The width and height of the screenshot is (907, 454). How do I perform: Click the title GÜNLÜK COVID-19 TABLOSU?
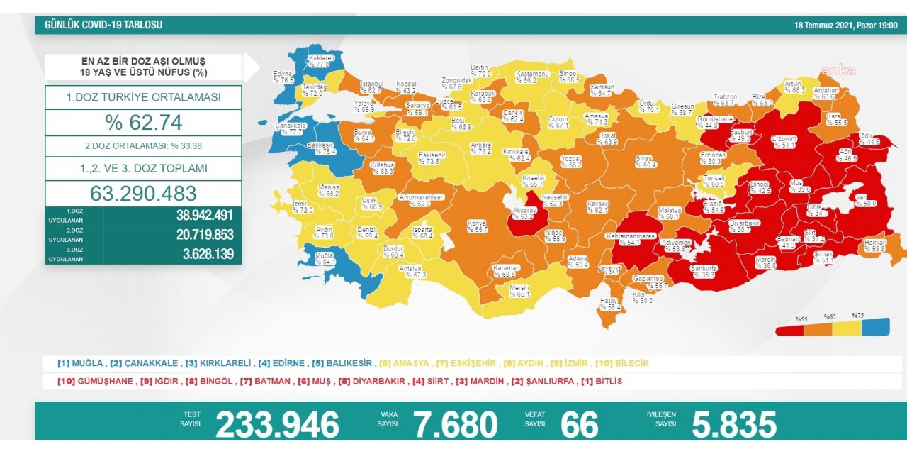[103, 25]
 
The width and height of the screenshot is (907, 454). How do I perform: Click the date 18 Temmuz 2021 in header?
[845, 26]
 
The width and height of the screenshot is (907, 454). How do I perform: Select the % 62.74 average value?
[144, 123]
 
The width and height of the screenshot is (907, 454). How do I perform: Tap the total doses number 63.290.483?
[143, 194]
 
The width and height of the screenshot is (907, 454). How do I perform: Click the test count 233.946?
[277, 425]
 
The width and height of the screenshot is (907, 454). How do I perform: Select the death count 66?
[579, 425]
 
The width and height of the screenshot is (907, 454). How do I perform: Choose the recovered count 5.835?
[733, 425]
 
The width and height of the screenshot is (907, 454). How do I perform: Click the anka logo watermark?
[838, 70]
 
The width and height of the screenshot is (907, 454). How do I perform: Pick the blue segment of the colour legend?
[875, 327]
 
